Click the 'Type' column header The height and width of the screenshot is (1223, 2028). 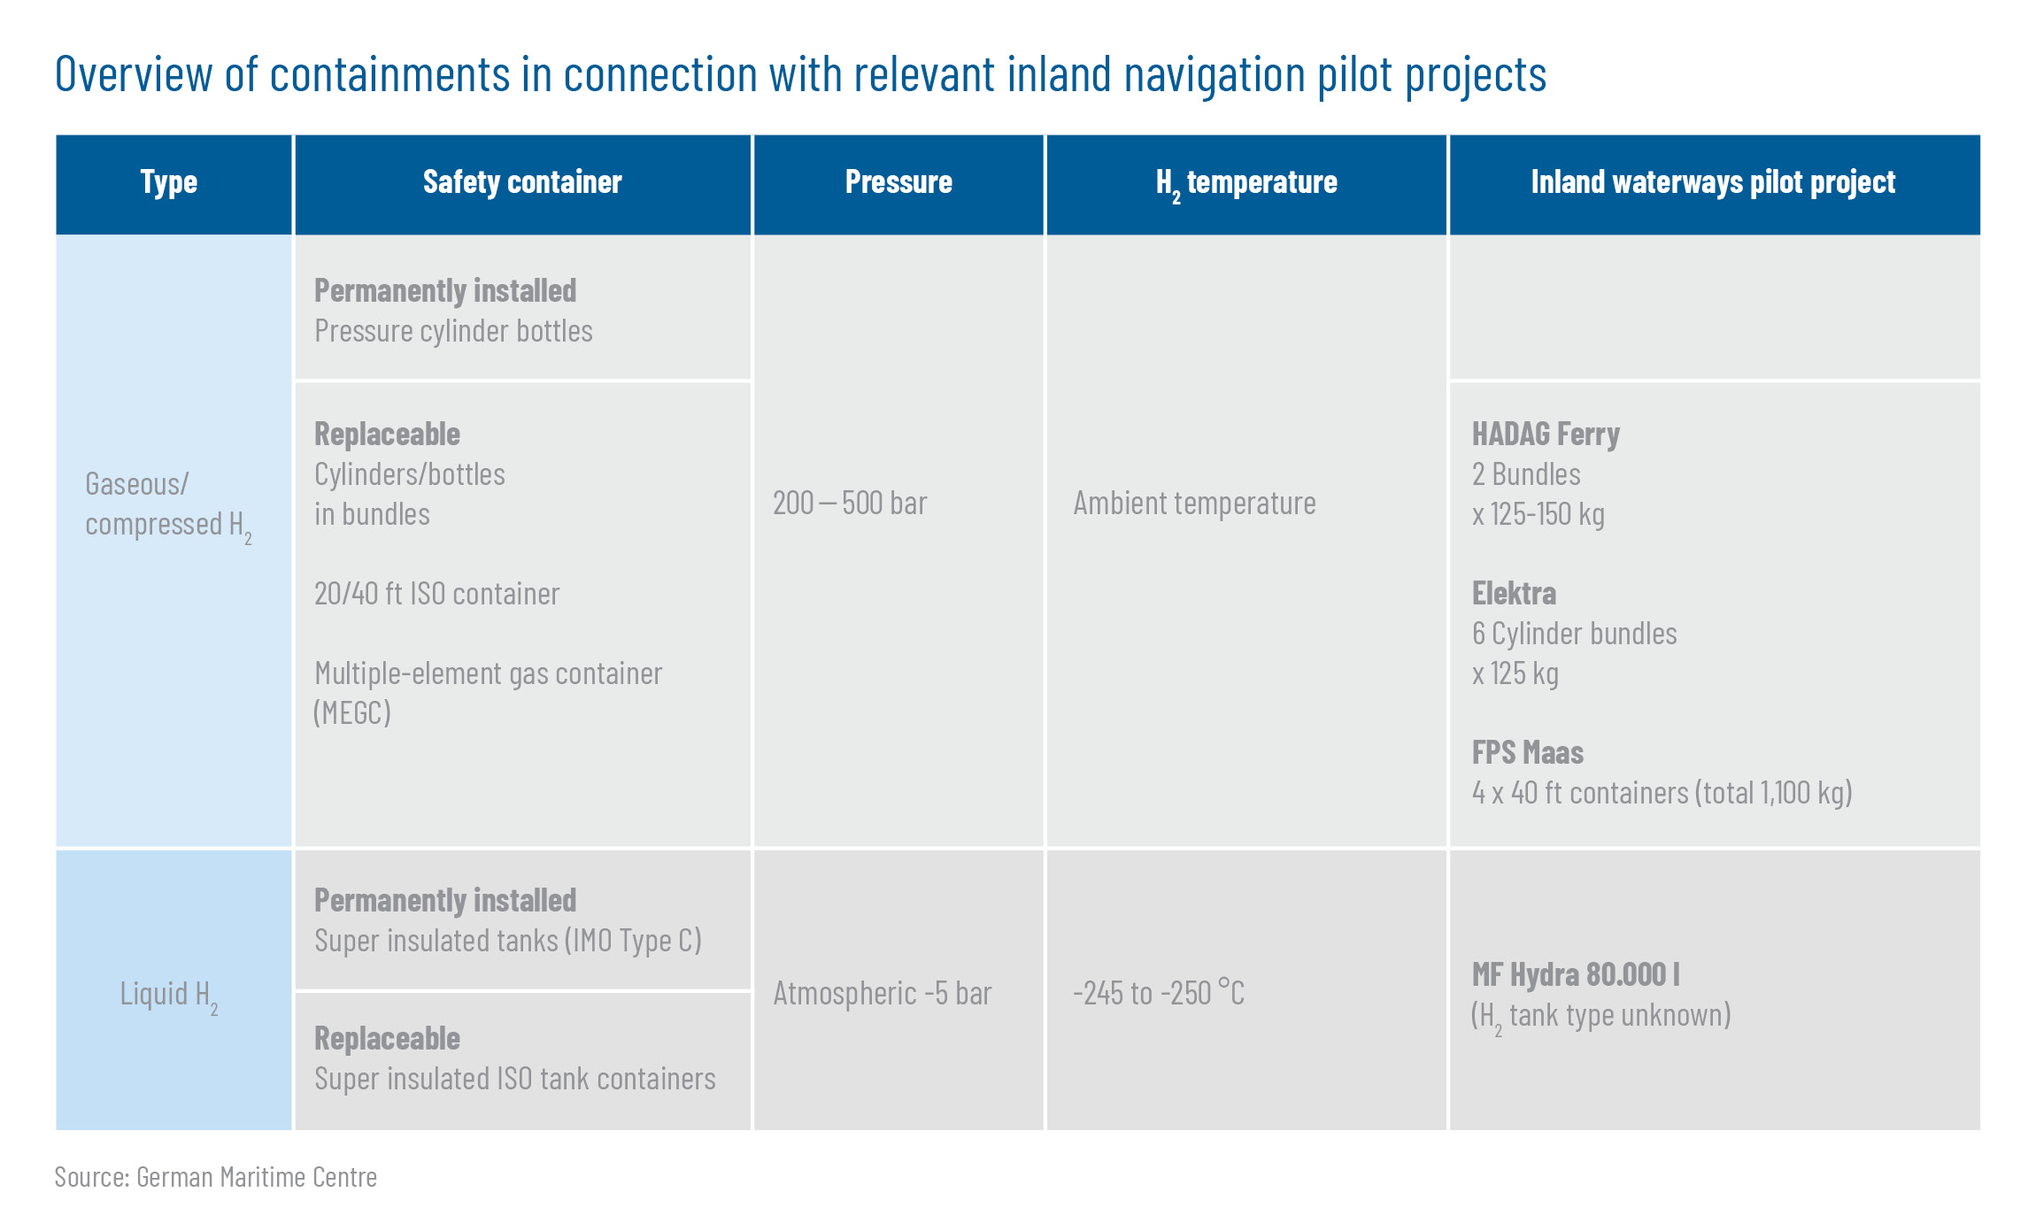[168, 182]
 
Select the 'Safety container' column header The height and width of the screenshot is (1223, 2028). [522, 182]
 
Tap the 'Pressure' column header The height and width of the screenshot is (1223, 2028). [898, 182]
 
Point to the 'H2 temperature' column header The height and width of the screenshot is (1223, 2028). [1246, 184]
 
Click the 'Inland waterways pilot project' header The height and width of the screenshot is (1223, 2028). [1713, 182]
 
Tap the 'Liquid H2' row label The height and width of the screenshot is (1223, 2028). [169, 996]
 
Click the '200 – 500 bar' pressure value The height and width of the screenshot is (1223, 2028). [850, 503]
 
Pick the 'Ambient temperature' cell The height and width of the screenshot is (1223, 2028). [1194, 504]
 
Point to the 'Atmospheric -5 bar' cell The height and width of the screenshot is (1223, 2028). [882, 994]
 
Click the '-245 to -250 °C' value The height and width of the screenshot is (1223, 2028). [1158, 993]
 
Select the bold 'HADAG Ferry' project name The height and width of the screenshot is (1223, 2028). [1546, 435]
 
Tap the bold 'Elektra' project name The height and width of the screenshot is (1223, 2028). [1514, 593]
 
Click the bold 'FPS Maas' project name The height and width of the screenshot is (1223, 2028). [1527, 752]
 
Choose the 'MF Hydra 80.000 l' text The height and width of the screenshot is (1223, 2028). [1576, 974]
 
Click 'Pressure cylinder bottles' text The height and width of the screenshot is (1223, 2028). [453, 331]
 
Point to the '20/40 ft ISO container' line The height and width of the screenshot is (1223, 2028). [436, 593]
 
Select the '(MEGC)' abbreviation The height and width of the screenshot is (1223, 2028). [352, 712]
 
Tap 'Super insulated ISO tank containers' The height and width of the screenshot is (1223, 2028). [514, 1079]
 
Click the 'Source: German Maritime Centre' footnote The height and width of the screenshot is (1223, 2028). [215, 1177]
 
